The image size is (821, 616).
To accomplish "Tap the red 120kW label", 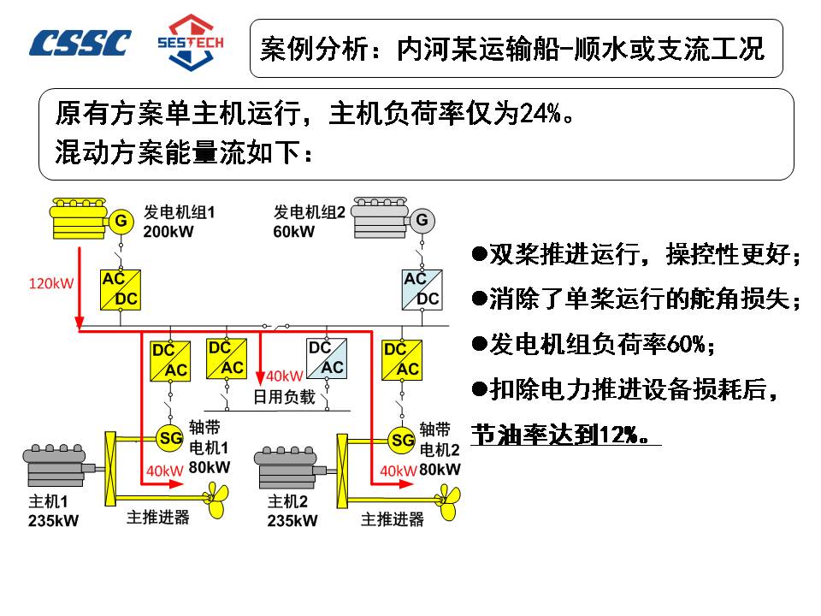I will click(51, 283).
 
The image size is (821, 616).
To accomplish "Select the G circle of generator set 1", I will click(121, 222).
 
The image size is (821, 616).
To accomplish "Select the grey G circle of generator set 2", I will click(421, 221).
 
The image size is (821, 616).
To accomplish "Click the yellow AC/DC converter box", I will click(121, 289).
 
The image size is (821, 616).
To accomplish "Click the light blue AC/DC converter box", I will click(422, 289).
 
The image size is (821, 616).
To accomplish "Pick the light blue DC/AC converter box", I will click(326, 358).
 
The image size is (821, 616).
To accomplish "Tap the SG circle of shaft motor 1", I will click(171, 438).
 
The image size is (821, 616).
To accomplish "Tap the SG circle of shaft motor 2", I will click(402, 440).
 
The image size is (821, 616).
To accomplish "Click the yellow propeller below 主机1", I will click(219, 499).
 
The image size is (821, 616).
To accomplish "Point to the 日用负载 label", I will click(285, 397).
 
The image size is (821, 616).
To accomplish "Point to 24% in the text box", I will click(540, 112).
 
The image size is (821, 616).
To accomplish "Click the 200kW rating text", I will click(168, 232).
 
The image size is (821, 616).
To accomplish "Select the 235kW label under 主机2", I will click(292, 520).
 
